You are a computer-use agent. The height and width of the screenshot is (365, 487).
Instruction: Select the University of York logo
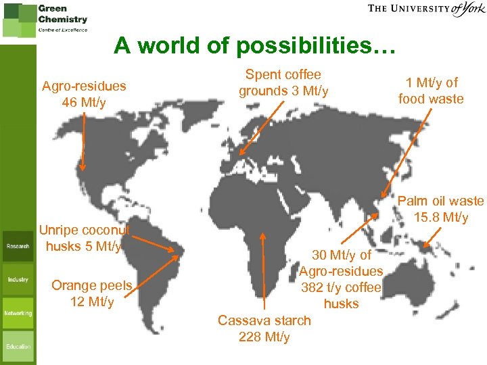(x=426, y=9)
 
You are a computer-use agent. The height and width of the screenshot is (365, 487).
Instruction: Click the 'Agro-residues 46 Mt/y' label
(x=84, y=94)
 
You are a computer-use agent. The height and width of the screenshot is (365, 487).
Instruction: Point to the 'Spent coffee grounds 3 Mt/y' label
(x=283, y=82)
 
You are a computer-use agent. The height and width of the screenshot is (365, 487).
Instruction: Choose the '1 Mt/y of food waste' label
(x=431, y=91)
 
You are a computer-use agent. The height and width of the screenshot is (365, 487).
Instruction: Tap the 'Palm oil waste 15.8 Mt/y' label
(x=440, y=210)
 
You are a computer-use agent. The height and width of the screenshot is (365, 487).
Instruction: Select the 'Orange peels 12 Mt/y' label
(x=91, y=293)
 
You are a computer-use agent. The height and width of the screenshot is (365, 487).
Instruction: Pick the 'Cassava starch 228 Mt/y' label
(x=264, y=328)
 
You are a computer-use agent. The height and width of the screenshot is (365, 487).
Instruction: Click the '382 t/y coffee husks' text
(x=341, y=295)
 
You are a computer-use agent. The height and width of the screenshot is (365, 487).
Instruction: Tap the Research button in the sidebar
(x=18, y=246)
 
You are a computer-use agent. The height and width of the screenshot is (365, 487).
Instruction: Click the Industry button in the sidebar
(x=18, y=279)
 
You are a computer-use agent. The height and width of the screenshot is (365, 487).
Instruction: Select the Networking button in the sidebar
(x=18, y=313)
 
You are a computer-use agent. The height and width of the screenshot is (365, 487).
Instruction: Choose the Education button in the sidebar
(x=18, y=346)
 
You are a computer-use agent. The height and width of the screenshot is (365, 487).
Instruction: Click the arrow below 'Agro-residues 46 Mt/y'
(x=83, y=142)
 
